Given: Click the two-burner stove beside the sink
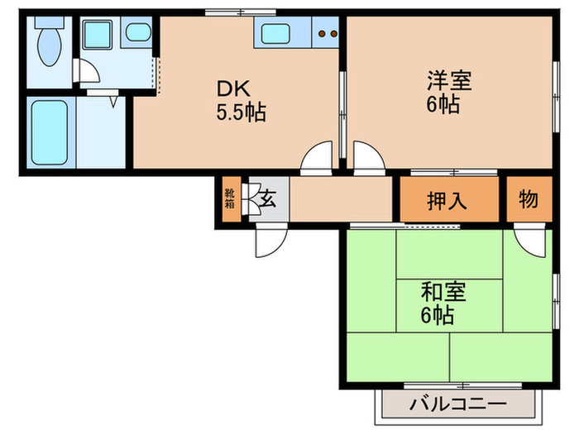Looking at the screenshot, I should [x=328, y=35].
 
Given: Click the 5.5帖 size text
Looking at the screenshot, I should [x=241, y=112].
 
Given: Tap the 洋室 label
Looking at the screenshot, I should [x=449, y=81].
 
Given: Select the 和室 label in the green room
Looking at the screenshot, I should [x=443, y=291].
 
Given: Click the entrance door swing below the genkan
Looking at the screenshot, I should [x=270, y=241].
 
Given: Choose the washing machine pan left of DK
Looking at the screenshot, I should [x=99, y=36].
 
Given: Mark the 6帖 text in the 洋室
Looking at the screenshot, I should [x=444, y=105].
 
